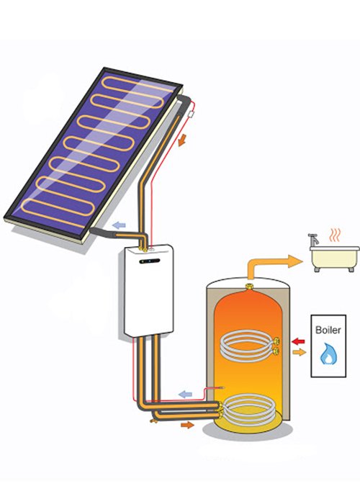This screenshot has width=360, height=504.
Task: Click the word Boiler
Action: (328, 330)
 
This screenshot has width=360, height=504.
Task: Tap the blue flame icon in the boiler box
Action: (328, 354)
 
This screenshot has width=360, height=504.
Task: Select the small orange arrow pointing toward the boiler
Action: (299, 352)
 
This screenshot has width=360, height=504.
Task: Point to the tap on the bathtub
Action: (313, 240)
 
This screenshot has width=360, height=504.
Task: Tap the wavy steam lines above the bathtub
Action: (334, 235)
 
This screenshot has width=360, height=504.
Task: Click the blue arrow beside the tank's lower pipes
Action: (186, 394)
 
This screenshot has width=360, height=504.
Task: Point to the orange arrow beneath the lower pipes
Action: (187, 426)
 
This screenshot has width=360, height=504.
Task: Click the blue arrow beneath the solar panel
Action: (119, 225)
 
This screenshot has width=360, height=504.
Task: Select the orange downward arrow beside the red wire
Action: (182, 140)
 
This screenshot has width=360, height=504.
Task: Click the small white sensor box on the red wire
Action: (192, 114)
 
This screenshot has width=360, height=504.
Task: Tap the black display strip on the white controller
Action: (150, 261)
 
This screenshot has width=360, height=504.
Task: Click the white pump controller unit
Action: (149, 291)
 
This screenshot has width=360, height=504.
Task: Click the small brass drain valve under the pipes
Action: (153, 420)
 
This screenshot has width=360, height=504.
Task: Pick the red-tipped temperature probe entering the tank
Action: (211, 390)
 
